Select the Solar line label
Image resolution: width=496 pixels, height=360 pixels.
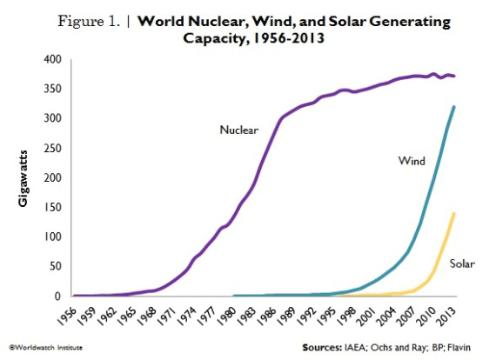click(x=461, y=263)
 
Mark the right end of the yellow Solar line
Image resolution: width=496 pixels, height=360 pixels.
click(x=454, y=213)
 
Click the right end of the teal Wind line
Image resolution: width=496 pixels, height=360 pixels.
click(x=454, y=107)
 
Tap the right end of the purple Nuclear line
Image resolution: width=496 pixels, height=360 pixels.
click(x=454, y=77)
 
